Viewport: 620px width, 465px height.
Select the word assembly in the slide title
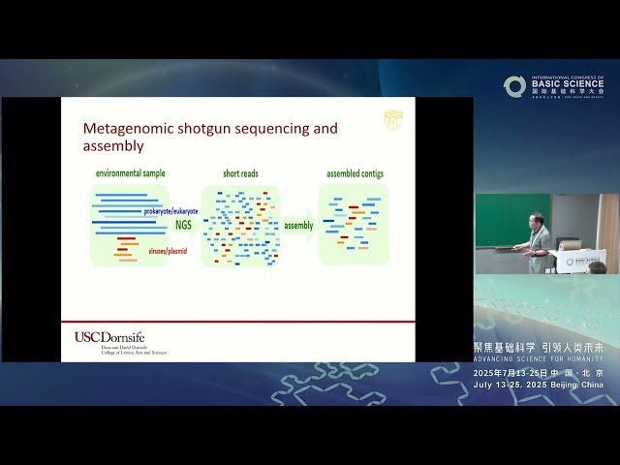113,146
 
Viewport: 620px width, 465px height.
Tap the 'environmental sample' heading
130,173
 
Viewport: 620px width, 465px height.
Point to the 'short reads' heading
240,173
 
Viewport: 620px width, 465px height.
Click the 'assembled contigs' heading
354,173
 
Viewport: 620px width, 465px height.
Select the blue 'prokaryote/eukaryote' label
170,210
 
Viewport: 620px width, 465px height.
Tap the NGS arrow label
183,225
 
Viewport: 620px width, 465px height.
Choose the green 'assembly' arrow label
297,226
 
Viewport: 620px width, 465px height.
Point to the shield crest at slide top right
392,119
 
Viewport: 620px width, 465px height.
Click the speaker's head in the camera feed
536,220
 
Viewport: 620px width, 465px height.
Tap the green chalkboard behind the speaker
499,219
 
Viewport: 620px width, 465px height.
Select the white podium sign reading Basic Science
582,260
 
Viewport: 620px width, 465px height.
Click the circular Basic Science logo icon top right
513,86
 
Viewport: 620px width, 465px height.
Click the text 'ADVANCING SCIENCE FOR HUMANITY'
538,359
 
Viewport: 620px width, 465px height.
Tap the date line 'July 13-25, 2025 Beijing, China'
538,385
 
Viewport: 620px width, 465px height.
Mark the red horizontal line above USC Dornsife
237,322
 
